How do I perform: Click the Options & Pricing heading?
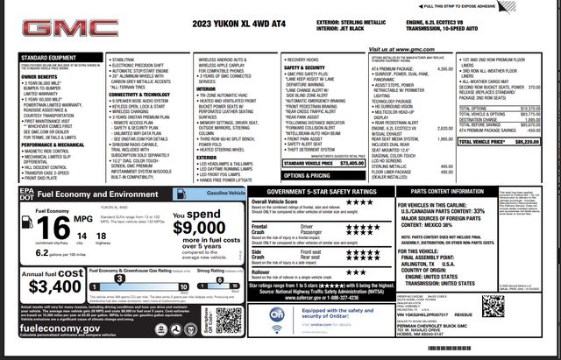[307, 175]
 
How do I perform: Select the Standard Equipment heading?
[46, 58]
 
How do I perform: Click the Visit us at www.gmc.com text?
[401, 51]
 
